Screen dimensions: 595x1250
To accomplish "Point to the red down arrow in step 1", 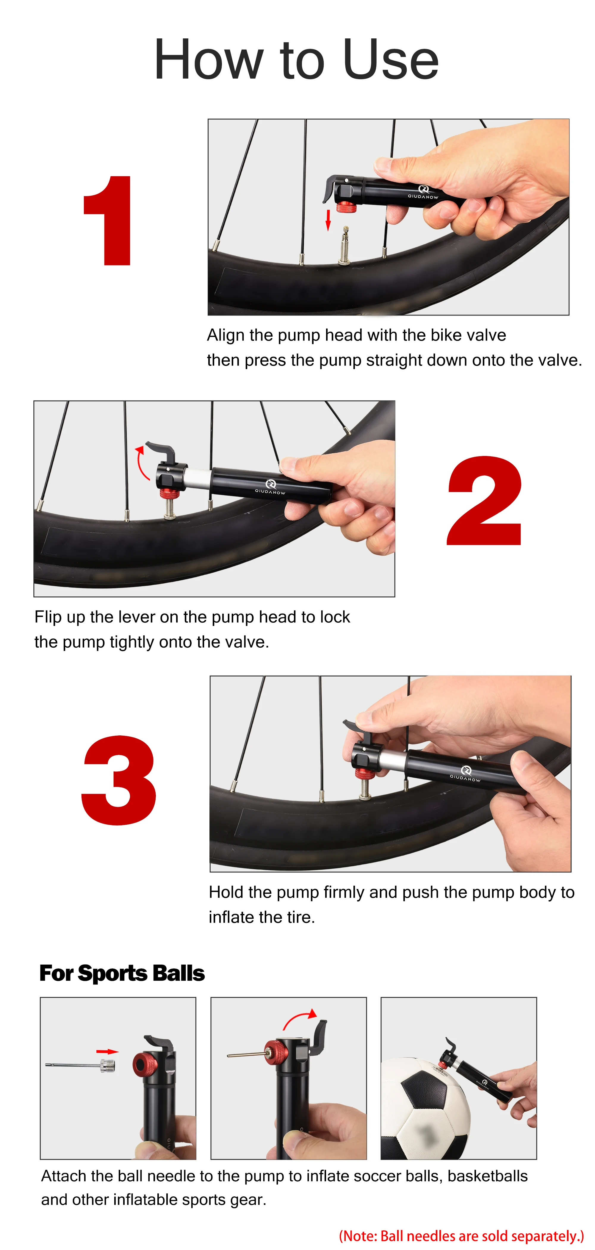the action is tap(328, 220).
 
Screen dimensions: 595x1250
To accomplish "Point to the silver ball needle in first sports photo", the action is tap(81, 1065).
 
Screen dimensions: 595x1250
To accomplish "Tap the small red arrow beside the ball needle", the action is tap(107, 1051).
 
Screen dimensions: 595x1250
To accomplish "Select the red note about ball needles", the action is tap(461, 1235).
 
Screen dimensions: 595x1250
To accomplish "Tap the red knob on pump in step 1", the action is tap(347, 208).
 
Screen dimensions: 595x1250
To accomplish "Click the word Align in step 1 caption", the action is tap(226, 336).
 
